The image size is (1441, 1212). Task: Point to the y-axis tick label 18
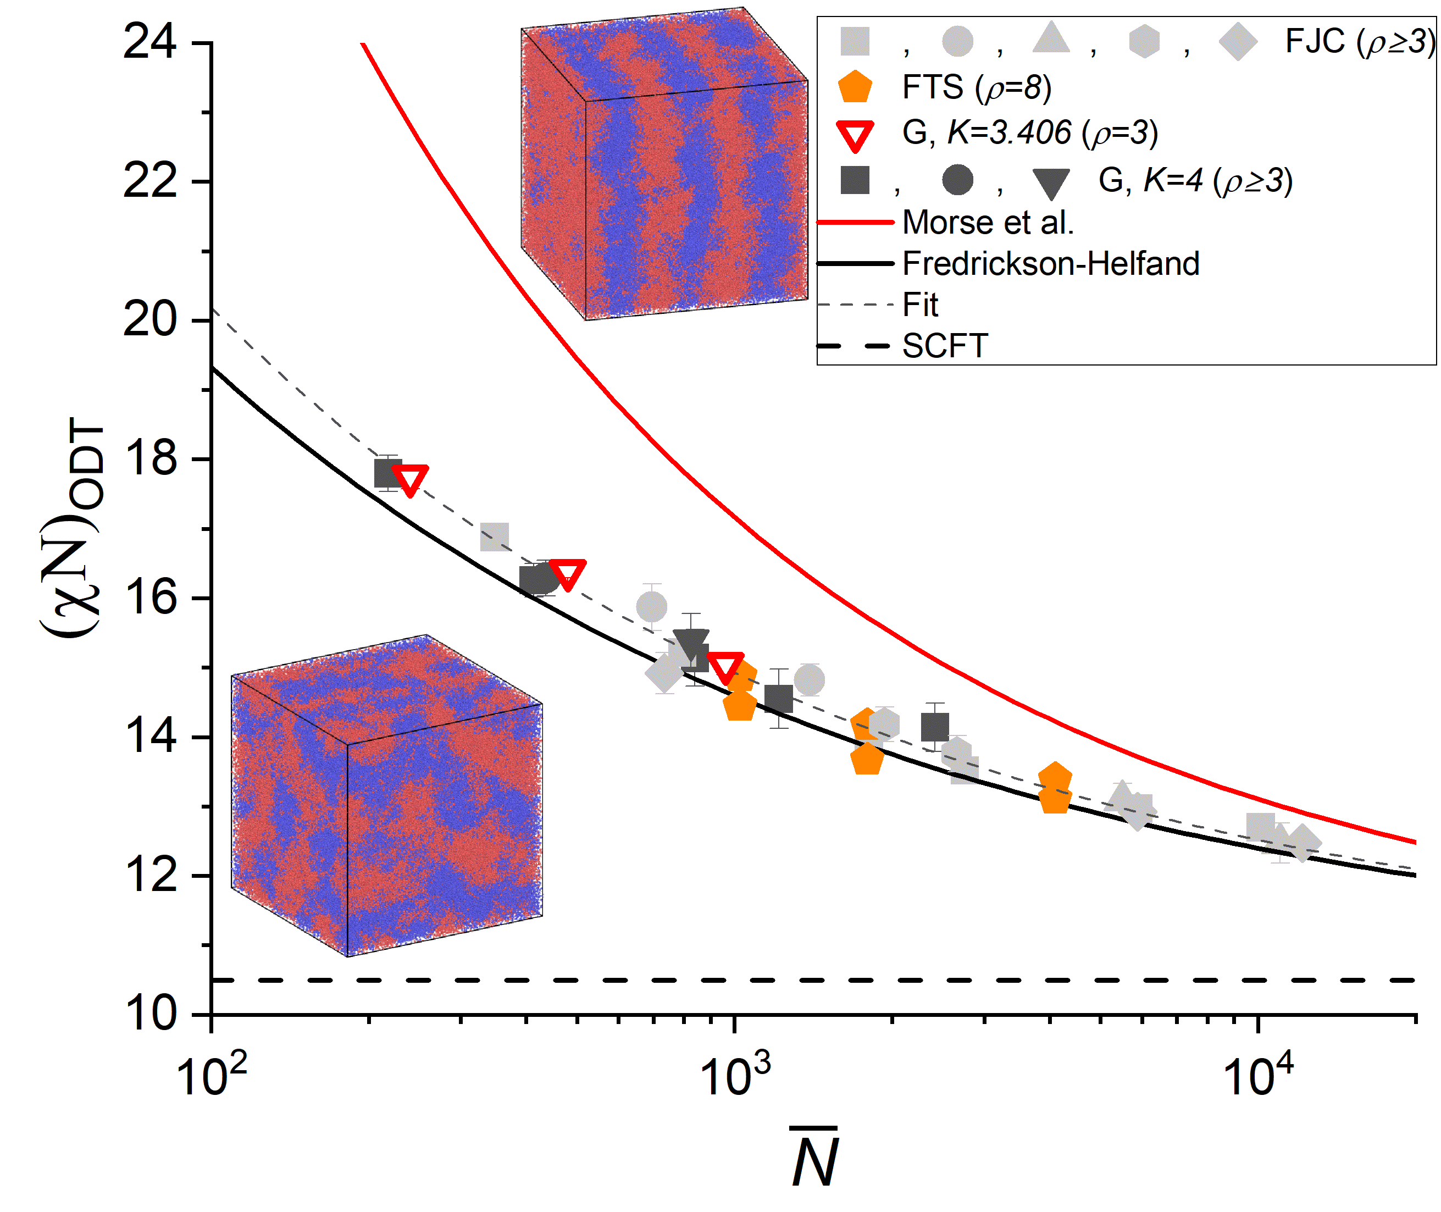pyautogui.click(x=149, y=459)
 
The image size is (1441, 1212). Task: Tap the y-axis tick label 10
pyautogui.click(x=149, y=1014)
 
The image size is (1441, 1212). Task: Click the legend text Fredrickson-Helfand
pyautogui.click(x=1050, y=264)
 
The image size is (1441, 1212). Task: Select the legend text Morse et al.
pyautogui.click(x=987, y=223)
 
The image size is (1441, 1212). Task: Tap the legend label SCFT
pyautogui.click(x=944, y=346)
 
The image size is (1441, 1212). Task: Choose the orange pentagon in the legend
pyautogui.click(x=855, y=88)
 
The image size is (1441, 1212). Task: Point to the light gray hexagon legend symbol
pyautogui.click(x=1144, y=42)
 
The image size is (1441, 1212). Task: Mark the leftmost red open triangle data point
pyautogui.click(x=410, y=479)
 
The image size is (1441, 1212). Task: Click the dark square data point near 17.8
pyautogui.click(x=387, y=473)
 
